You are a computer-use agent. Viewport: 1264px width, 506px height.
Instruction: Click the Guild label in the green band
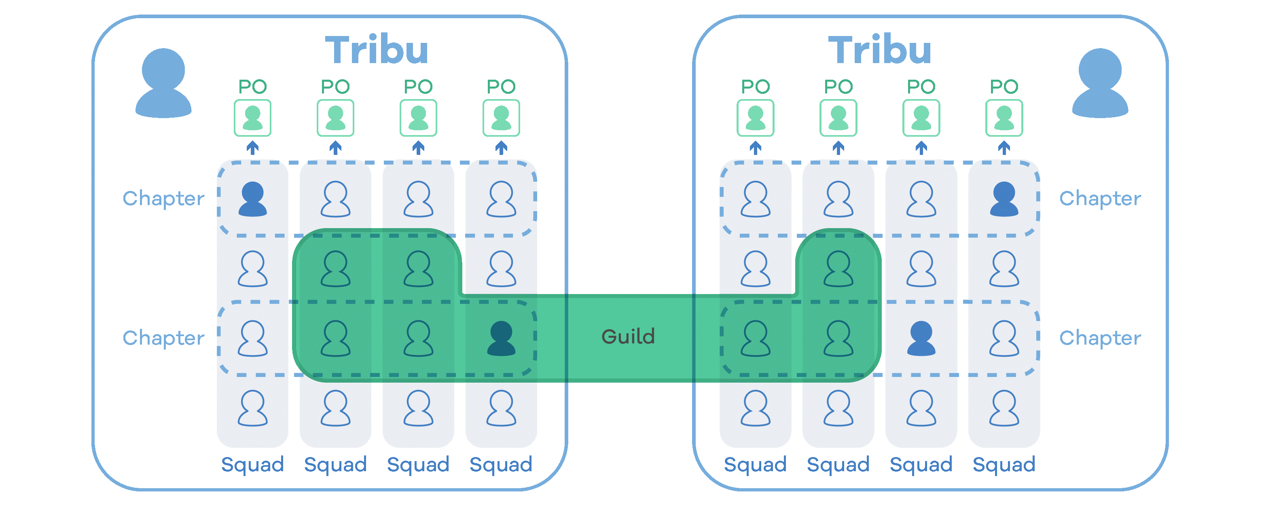tap(628, 337)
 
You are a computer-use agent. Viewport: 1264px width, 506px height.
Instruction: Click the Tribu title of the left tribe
tap(377, 50)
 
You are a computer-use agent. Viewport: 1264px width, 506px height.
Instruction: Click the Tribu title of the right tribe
tap(880, 50)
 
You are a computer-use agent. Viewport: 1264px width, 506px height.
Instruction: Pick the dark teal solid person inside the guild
tap(501, 338)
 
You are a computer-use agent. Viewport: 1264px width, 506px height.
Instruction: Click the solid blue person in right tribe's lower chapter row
tap(921, 338)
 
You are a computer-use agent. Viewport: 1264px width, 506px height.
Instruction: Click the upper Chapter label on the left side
tap(163, 199)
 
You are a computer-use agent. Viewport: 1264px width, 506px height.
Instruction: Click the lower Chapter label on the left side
tap(163, 338)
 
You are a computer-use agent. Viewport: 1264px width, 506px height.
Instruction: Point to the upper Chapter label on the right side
tap(1100, 199)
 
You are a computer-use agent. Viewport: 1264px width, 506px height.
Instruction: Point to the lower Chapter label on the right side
tap(1100, 338)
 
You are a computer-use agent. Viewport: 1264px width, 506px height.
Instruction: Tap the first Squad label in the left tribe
tap(252, 464)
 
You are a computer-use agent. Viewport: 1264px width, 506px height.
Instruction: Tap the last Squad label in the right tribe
tap(1004, 464)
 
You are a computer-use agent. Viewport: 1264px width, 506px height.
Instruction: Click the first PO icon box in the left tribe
tap(252, 118)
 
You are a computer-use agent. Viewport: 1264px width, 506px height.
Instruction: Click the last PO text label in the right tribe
tap(1004, 87)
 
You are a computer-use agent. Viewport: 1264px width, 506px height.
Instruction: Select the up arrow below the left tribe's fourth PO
tap(501, 148)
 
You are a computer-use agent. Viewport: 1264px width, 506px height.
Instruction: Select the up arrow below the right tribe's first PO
tap(755, 148)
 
